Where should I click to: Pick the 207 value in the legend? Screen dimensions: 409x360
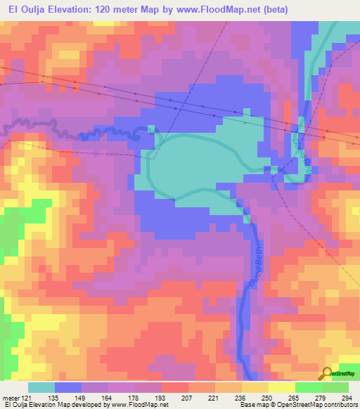click(168, 397)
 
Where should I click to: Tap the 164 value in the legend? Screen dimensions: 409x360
click(105, 397)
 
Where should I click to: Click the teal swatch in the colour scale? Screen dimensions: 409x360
click(42, 387)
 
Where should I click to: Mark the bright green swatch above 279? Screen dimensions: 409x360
click(308, 387)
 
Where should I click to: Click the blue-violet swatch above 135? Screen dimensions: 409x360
click(69, 387)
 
